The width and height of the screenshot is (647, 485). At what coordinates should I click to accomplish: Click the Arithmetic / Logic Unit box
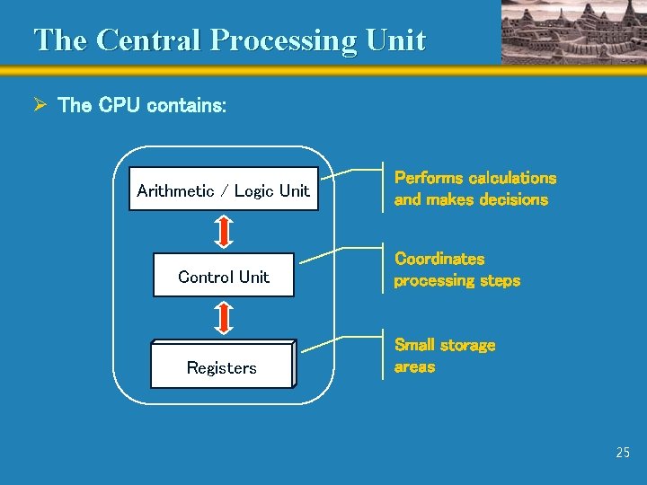point(223,190)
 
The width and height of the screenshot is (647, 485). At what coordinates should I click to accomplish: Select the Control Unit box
point(224,277)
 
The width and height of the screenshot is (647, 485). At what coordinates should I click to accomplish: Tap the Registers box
point(221,367)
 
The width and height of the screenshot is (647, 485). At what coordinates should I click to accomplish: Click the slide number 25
point(623,453)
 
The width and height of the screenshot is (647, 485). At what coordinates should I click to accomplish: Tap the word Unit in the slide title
point(394,40)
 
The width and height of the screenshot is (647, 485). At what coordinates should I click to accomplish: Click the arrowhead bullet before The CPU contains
point(40,105)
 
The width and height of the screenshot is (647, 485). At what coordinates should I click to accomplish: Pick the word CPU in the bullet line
point(120,106)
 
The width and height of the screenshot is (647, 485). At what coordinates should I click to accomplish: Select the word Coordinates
point(439,259)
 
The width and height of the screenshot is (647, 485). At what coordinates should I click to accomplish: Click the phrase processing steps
point(456,280)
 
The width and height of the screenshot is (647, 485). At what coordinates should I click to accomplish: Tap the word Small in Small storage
point(414,345)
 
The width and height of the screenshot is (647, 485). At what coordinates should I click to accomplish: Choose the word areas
point(414,366)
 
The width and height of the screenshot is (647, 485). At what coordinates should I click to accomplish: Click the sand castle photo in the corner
point(573,31)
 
